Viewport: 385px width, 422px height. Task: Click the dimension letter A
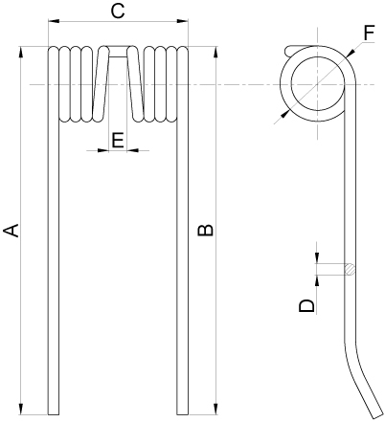coord(11,231)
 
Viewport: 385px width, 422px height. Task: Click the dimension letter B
coord(203,231)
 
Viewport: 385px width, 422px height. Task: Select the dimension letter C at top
coord(117,11)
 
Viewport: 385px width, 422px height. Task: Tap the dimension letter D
coord(306,305)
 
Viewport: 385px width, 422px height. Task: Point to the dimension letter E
coord(117,140)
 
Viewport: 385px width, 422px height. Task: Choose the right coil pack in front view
coord(160,83)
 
